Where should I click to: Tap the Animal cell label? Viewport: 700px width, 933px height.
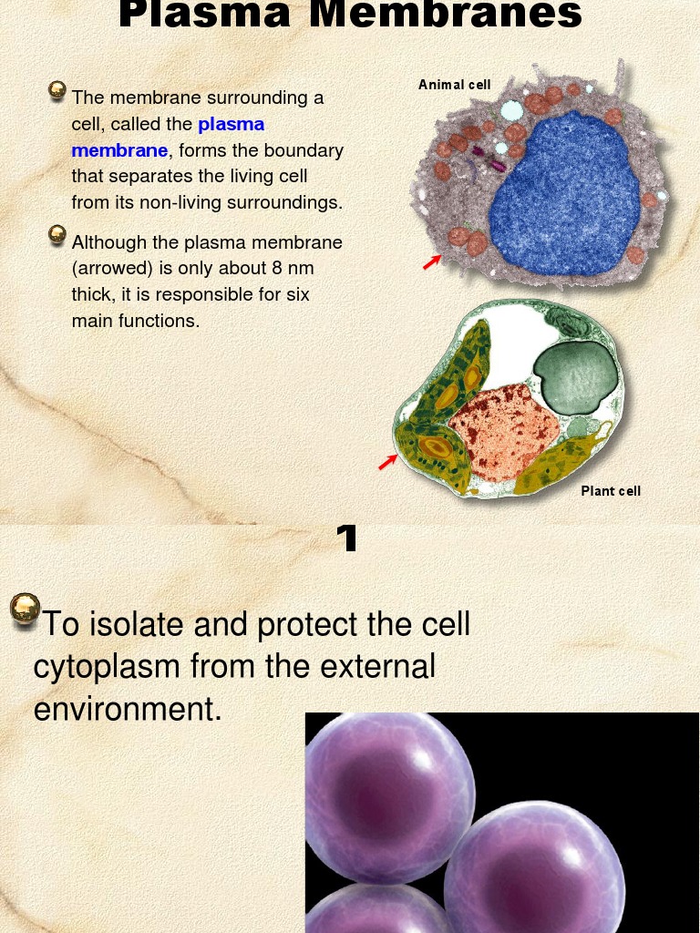pyautogui.click(x=454, y=85)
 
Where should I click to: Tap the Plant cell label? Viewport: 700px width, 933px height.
pyautogui.click(x=611, y=491)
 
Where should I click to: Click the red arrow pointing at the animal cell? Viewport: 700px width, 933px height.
pyautogui.click(x=432, y=262)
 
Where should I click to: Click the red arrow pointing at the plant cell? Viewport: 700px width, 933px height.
pyautogui.click(x=388, y=463)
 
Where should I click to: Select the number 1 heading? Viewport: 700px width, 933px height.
pyautogui.click(x=346, y=539)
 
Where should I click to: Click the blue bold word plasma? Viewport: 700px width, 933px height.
pyautogui.click(x=231, y=124)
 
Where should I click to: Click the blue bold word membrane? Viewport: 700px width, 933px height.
pyautogui.click(x=119, y=150)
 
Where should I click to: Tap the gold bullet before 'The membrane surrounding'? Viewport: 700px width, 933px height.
pyautogui.click(x=57, y=89)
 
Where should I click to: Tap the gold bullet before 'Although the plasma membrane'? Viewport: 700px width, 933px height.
pyautogui.click(x=57, y=235)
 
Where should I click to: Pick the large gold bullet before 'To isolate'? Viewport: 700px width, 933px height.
pyautogui.click(x=26, y=610)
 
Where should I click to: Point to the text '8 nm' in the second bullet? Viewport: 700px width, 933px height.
pyautogui.click(x=292, y=269)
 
